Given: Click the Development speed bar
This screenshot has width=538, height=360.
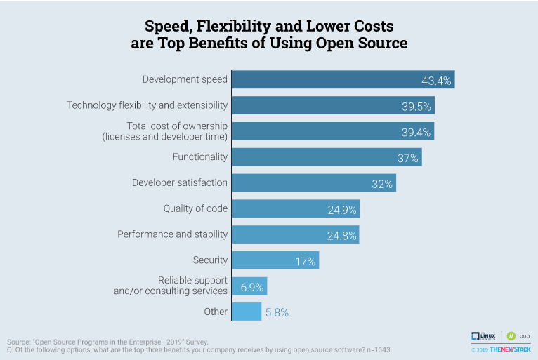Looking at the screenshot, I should coord(343,79).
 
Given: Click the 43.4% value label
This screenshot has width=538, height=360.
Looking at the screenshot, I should coord(436,81).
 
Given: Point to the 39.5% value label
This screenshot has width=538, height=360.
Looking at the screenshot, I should coord(416,106).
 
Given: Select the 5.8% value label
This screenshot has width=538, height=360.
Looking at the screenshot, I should coord(277,312).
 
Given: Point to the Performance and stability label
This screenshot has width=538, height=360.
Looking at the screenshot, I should coord(172,234).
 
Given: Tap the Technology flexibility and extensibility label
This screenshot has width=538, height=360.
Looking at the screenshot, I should coord(147,105).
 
